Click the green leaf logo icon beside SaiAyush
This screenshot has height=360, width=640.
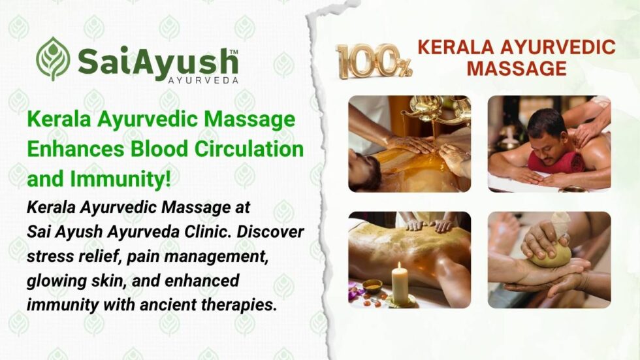click(x=53, y=59)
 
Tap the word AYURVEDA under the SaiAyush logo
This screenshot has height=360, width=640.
click(x=204, y=80)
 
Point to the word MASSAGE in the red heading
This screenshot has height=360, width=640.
click(x=517, y=68)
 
